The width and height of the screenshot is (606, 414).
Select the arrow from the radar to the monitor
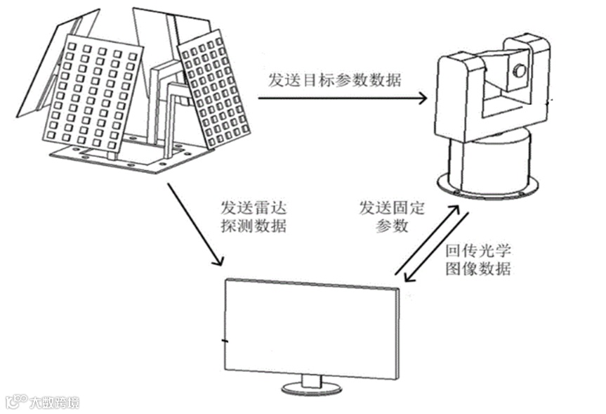(x=195, y=224)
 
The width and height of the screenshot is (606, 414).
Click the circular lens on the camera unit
(x=519, y=70)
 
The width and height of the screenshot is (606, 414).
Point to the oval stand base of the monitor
(x=312, y=388)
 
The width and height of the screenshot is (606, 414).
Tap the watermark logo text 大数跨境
(x=54, y=403)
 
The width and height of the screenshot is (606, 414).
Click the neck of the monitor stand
(x=312, y=380)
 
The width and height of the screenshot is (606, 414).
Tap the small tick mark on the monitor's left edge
(x=224, y=342)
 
